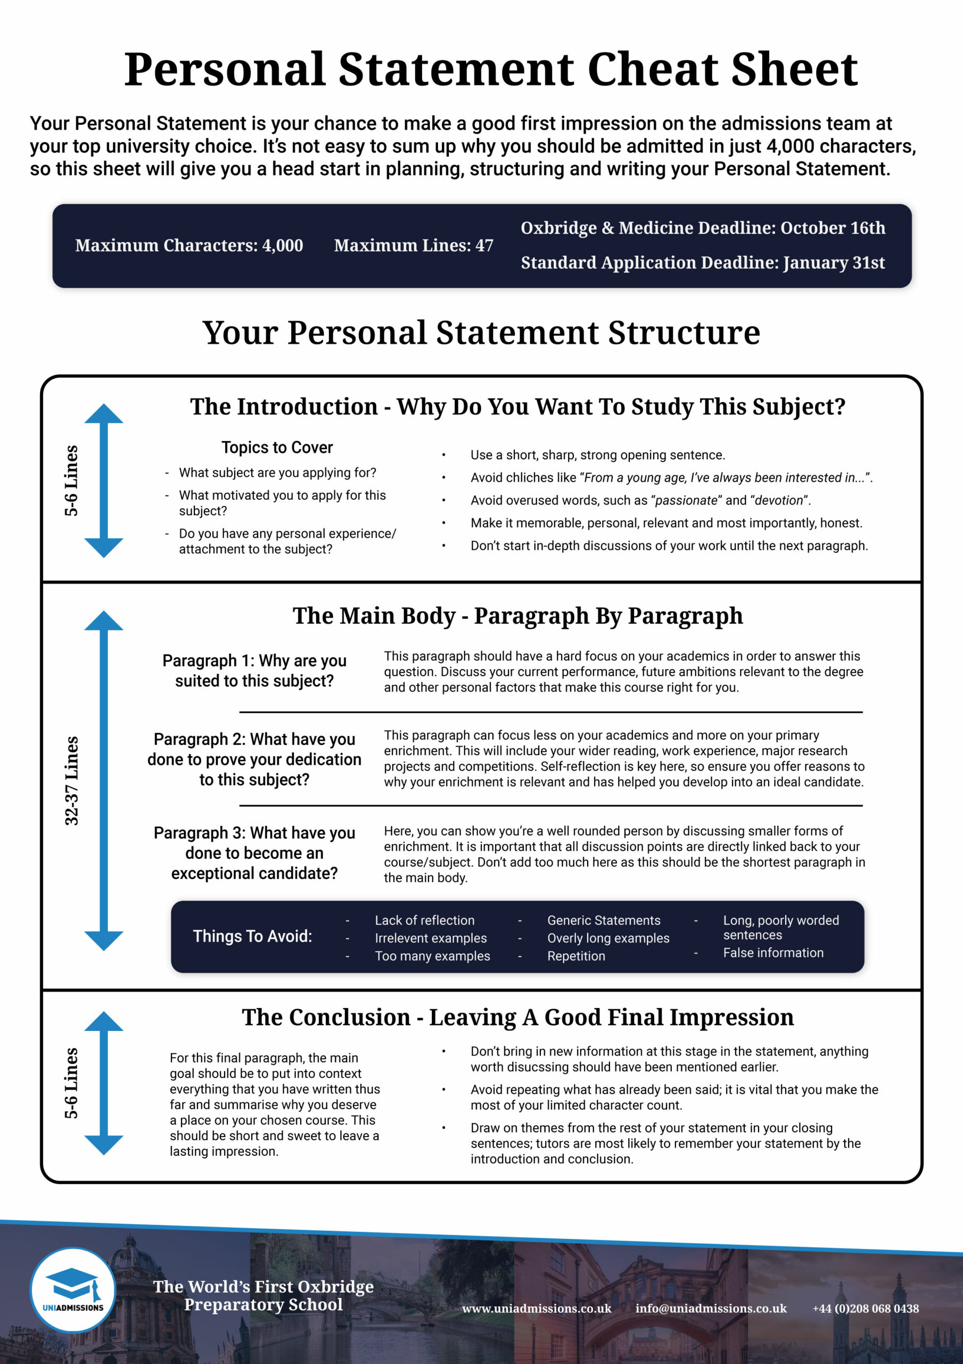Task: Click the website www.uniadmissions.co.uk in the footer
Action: point(537,1308)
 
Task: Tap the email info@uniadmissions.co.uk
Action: point(711,1308)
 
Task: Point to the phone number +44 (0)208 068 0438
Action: point(866,1308)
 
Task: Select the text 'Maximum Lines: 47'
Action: point(413,245)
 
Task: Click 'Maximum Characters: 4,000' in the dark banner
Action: point(189,245)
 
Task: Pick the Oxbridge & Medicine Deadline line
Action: point(703,228)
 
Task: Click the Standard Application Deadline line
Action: point(703,263)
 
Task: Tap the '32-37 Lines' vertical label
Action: point(71,781)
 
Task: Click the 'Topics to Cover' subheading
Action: point(277,448)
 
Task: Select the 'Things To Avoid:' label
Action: point(252,936)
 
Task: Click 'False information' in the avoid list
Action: point(773,953)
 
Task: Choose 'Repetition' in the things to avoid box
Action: point(576,956)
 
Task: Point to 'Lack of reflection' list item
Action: point(424,920)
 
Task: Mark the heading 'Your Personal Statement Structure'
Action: point(481,332)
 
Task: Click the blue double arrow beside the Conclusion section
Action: point(104,1083)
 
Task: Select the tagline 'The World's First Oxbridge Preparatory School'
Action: point(263,1295)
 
